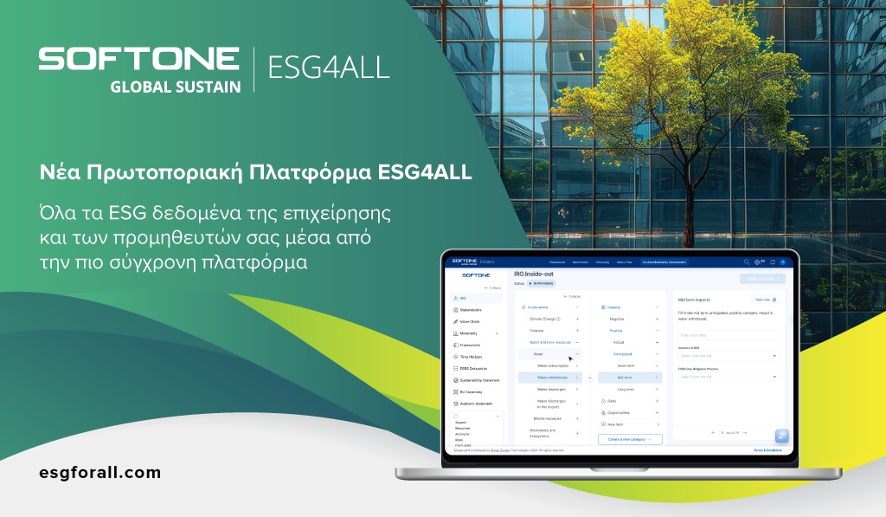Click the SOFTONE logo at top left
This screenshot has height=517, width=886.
click(x=139, y=58)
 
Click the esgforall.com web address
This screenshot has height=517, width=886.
click(x=100, y=472)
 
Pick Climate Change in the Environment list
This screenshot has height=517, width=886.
click(x=546, y=319)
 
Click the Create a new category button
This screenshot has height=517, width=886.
click(x=630, y=439)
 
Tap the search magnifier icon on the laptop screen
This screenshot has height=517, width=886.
click(x=747, y=262)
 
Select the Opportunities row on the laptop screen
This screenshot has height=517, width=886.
click(x=618, y=412)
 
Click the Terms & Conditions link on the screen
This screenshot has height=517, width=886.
click(x=767, y=450)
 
